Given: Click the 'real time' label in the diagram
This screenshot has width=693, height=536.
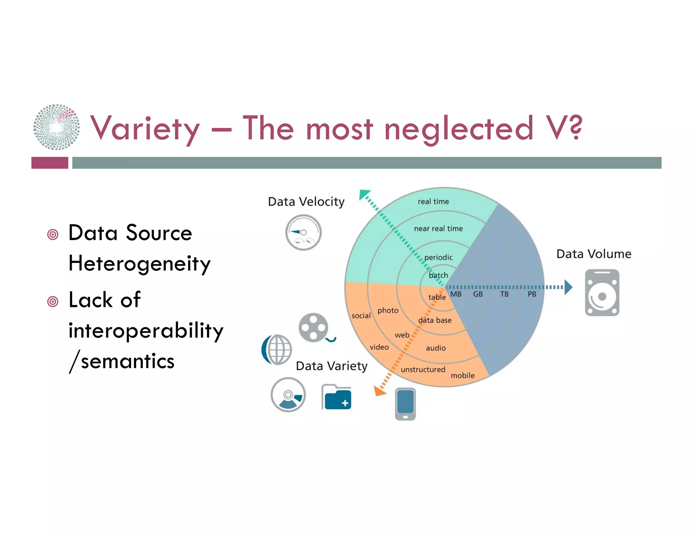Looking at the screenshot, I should pyautogui.click(x=433, y=202).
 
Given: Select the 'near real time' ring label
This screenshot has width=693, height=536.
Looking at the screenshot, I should pyautogui.click(x=438, y=229).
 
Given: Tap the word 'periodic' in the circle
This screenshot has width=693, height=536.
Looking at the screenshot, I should pyautogui.click(x=438, y=257).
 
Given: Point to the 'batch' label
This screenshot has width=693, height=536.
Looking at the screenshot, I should pyautogui.click(x=438, y=275).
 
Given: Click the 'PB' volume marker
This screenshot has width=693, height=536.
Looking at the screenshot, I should pyautogui.click(x=532, y=294).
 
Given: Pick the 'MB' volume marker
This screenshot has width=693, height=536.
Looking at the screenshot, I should pyautogui.click(x=455, y=294).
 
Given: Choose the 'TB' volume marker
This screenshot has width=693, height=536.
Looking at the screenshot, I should pyautogui.click(x=504, y=294).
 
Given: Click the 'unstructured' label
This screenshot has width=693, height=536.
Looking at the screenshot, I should pyautogui.click(x=423, y=369).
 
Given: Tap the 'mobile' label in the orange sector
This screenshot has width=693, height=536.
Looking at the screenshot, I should pyautogui.click(x=463, y=375).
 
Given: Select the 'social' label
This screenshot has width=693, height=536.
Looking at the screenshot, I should pyautogui.click(x=361, y=315).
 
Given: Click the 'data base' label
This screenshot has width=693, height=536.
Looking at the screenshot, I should pyautogui.click(x=435, y=320).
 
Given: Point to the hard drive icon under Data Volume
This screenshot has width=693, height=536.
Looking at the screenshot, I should pyautogui.click(x=602, y=293).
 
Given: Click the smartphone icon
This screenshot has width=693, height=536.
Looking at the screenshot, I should pyautogui.click(x=405, y=404).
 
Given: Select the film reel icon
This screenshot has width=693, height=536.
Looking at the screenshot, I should pyautogui.click(x=314, y=328).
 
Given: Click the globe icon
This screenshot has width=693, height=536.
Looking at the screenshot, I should pyautogui.click(x=277, y=349).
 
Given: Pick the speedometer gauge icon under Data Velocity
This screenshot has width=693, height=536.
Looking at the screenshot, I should pyautogui.click(x=303, y=232).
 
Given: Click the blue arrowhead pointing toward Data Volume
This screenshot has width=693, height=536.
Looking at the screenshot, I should pyautogui.click(x=568, y=287).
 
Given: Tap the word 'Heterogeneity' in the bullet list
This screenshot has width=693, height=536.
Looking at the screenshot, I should pyautogui.click(x=139, y=264).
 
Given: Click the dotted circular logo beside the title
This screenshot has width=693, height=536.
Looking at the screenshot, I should pyautogui.click(x=57, y=127).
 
